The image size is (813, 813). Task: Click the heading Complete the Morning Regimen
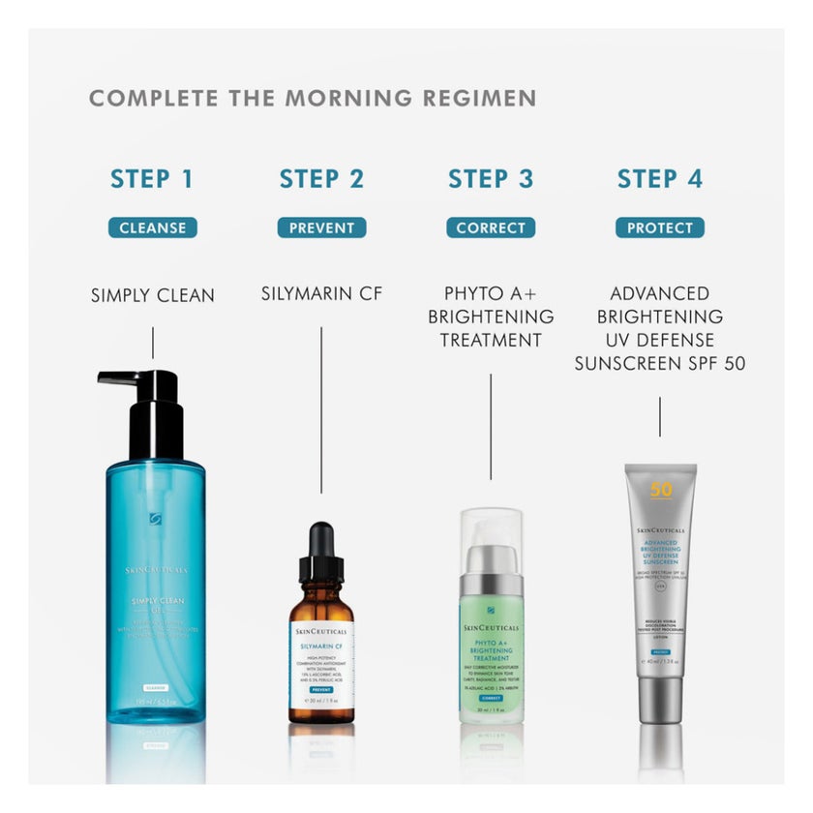pyautogui.click(x=313, y=99)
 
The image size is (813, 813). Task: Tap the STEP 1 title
pyautogui.click(x=152, y=179)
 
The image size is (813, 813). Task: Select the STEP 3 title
pyautogui.click(x=491, y=179)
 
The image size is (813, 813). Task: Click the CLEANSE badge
pyautogui.click(x=152, y=228)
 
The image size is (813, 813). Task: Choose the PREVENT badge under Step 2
pyautogui.click(x=321, y=228)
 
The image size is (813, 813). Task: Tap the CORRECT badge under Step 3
pyautogui.click(x=491, y=228)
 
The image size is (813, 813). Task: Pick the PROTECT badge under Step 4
pyautogui.click(x=660, y=228)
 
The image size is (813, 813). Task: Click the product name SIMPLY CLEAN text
pyautogui.click(x=153, y=295)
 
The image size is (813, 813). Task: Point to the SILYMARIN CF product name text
pyautogui.click(x=321, y=293)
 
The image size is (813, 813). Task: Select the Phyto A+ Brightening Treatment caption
pyautogui.click(x=491, y=316)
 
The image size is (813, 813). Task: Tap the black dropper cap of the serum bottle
pyautogui.click(x=320, y=557)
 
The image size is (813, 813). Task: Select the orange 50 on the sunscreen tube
pyautogui.click(x=661, y=490)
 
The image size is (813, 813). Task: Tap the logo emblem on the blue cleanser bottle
pyautogui.click(x=155, y=520)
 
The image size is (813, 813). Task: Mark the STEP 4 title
pyautogui.click(x=660, y=179)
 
